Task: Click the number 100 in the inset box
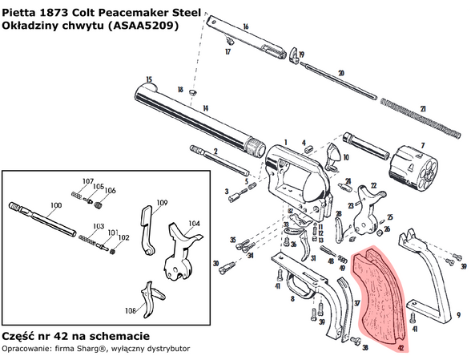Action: (x=55, y=206)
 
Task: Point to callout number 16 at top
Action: (x=245, y=27)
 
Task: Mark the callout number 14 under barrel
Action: (x=204, y=107)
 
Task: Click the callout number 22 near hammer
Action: (x=372, y=185)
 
